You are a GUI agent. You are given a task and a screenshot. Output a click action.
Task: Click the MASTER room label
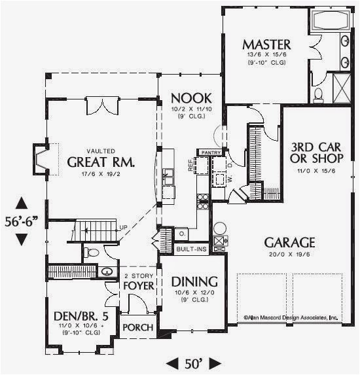point(266,45)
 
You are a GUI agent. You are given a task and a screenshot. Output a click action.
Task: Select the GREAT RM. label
point(101,162)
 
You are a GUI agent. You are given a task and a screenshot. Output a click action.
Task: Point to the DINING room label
point(194,281)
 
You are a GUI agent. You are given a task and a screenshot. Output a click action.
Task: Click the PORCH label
point(138,327)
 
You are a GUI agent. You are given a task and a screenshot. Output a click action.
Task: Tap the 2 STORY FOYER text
point(139,281)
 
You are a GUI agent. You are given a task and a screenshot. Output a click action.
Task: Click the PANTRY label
point(211,152)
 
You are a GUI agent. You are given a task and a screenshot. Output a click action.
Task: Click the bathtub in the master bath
point(330,20)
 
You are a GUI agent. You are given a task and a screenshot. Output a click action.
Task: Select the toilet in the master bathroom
point(319,96)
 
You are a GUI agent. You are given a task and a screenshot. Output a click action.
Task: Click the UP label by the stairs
point(123,227)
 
